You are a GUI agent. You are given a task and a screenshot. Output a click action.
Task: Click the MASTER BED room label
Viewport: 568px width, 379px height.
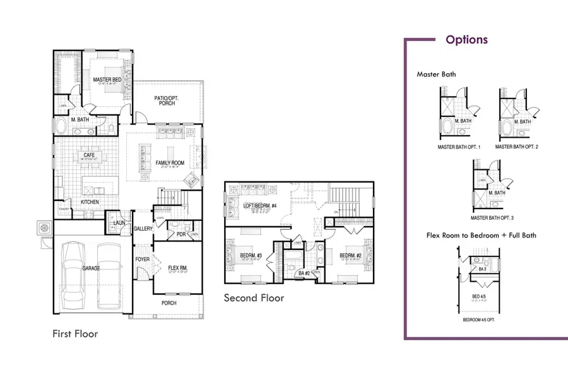point(107,80)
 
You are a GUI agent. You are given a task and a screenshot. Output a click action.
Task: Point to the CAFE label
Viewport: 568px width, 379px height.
point(88,155)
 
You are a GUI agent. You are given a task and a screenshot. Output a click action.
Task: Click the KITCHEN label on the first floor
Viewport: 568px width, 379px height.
point(89,202)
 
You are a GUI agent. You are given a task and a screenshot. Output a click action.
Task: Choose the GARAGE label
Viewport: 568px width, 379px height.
point(91,268)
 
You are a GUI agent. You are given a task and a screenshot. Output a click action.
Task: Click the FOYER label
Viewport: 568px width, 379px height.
point(142,260)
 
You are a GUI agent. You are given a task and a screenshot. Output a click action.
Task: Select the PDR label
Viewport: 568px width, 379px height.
point(180,234)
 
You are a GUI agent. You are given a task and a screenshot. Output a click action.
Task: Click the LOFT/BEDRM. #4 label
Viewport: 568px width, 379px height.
point(256,206)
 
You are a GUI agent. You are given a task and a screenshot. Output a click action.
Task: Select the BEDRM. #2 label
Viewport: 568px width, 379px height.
point(350,255)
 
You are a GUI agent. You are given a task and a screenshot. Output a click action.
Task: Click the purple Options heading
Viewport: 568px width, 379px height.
point(466,40)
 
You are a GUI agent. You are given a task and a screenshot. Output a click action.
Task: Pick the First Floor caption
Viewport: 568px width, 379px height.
point(75,333)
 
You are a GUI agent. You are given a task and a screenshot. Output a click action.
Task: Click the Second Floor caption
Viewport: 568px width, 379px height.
point(254,298)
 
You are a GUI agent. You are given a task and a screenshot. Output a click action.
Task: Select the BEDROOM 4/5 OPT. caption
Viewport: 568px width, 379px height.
point(480,320)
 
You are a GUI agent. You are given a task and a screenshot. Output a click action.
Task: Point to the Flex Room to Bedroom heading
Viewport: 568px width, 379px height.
point(480,236)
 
